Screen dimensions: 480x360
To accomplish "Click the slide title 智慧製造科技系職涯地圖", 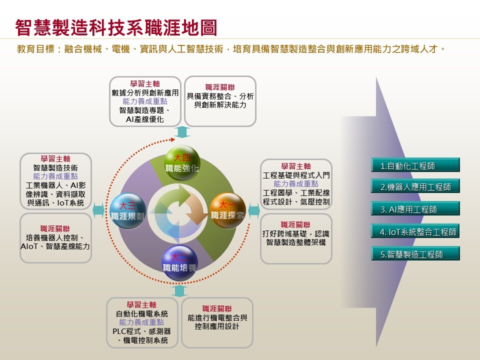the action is pos(116,27).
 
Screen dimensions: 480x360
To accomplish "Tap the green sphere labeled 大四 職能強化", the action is pos(182,163).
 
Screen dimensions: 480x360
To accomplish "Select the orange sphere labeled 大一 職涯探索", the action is pos(227,210).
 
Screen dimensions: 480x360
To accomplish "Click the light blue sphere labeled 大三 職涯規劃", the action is pos(127,211).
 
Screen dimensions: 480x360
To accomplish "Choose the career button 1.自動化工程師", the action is pos(415,165).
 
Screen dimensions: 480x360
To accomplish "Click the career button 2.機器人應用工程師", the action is pos(415,186).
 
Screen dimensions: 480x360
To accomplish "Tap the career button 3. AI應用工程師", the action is pos(415,209).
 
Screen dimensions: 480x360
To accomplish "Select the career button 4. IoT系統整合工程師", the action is pos(415,231).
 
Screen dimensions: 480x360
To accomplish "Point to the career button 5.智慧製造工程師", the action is pos(415,253).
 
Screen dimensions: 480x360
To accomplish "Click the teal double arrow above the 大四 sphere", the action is pos(182,132).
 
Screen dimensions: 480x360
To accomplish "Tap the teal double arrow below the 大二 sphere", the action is pos(179,291).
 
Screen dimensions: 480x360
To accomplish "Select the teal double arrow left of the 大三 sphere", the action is pos(98,210).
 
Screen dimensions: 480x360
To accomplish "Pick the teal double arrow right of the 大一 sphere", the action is pos(254,210).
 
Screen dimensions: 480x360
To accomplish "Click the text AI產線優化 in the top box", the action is pos(145,119).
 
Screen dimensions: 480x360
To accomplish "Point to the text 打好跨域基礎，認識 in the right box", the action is pos(295,233).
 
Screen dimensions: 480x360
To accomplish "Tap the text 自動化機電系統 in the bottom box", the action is pos(141,314).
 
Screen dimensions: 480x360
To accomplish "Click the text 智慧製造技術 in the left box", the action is pos(55,168).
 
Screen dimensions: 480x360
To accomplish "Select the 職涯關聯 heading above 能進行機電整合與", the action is pos(217,308).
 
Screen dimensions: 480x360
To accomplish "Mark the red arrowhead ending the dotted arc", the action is pos(173,139).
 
